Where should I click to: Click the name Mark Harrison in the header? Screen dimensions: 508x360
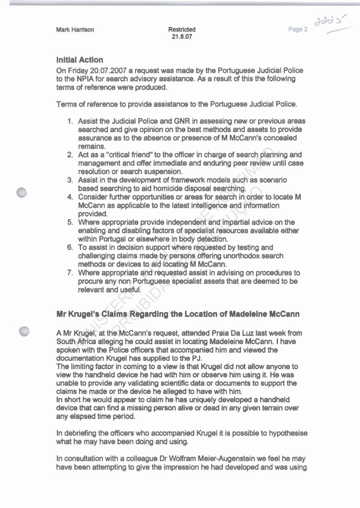click(x=75, y=30)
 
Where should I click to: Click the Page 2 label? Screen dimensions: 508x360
click(x=298, y=30)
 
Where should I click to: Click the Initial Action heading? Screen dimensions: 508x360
click(x=80, y=60)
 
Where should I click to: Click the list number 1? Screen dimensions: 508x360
click(x=70, y=121)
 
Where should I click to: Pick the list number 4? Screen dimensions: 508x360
click(x=70, y=197)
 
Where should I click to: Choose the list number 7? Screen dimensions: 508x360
click(x=70, y=273)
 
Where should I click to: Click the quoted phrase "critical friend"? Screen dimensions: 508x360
click(x=121, y=155)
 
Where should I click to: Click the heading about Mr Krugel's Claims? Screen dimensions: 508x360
click(x=178, y=314)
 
